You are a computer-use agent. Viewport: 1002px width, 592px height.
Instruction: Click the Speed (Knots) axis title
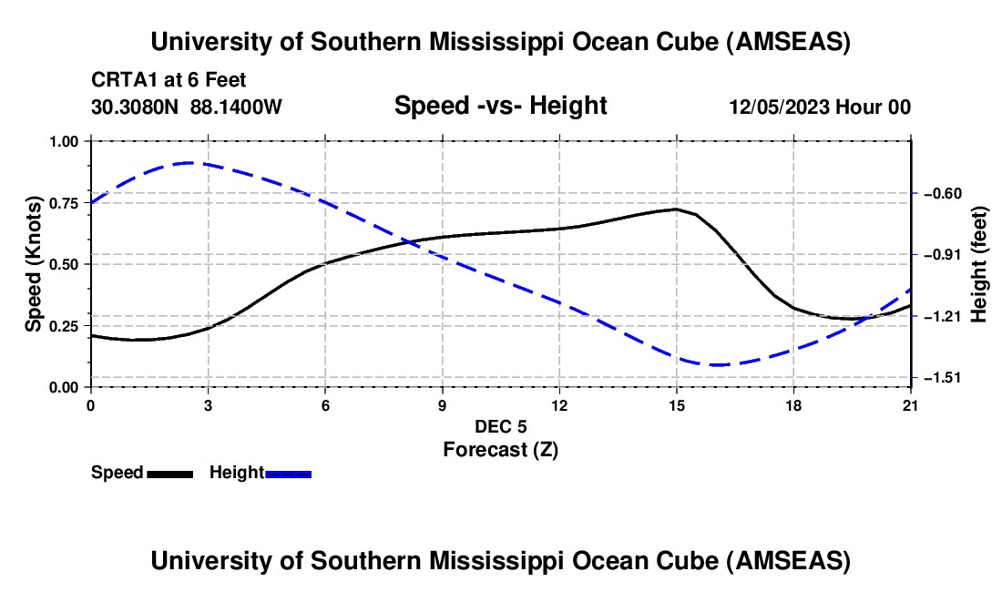[34, 264]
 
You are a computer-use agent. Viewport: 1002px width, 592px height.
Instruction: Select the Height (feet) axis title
[980, 264]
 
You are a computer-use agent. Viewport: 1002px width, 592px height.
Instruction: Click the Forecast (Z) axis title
[500, 449]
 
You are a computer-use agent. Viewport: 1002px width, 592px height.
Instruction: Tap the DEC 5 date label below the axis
[500, 426]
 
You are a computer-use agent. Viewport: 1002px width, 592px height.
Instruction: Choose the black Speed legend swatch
[170, 473]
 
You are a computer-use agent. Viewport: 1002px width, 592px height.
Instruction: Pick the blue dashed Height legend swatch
[289, 473]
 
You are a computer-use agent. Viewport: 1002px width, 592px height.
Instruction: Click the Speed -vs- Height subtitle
[500, 106]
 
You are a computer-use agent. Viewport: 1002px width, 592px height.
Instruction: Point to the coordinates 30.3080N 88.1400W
[187, 107]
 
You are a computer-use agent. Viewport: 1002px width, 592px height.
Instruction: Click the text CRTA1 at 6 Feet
[169, 80]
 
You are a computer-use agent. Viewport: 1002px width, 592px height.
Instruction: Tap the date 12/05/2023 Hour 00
[820, 107]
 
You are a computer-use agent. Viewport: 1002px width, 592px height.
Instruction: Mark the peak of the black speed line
[676, 209]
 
